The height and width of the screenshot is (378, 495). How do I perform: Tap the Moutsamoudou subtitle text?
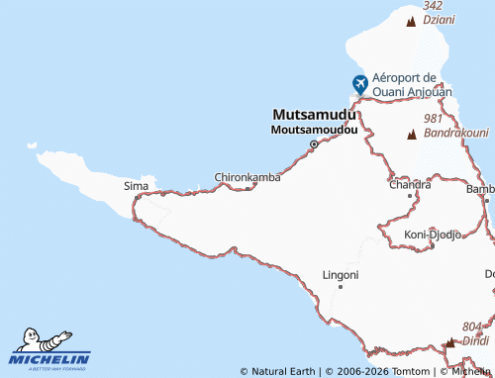314,130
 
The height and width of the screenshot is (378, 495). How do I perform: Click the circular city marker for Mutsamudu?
314,144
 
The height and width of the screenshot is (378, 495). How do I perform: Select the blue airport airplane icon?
358,84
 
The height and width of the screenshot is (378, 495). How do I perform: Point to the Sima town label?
134,185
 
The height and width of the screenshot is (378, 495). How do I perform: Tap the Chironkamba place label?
247,178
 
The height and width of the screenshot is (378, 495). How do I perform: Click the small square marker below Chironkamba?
247,188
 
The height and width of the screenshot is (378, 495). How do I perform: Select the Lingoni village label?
341,274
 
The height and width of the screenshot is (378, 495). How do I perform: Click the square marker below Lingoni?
341,286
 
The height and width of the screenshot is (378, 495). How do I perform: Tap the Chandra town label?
410,184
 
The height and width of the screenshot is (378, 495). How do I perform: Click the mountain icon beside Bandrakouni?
411,133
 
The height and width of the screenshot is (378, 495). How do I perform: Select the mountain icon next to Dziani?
411,20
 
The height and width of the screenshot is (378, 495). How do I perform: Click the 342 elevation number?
433,6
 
